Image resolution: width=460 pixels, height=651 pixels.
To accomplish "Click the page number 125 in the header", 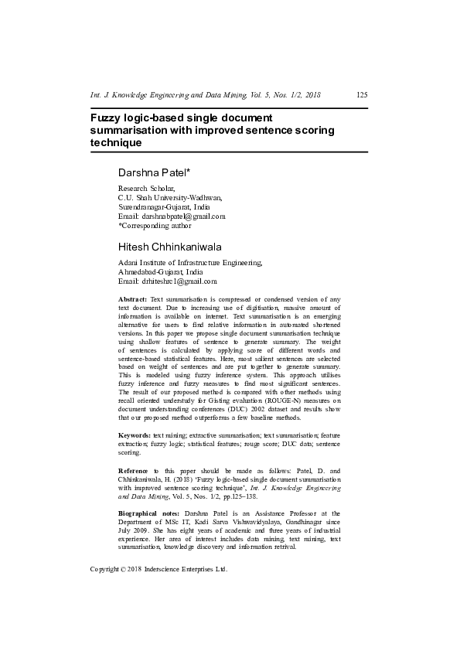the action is (361, 96).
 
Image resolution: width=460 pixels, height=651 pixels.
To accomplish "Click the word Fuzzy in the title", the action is (106, 118).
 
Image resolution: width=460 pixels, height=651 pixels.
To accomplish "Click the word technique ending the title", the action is (116, 143).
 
